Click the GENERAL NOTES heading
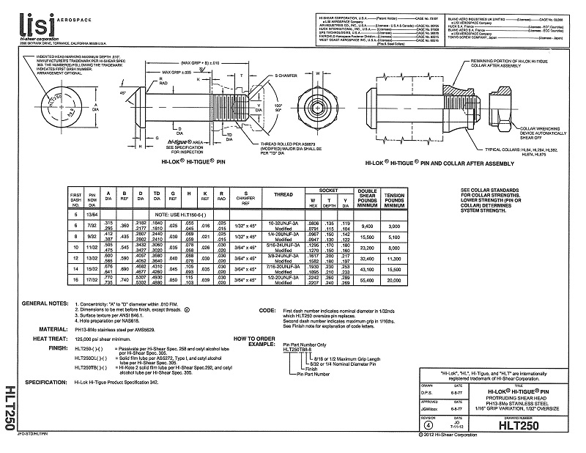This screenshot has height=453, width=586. point(45,303)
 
